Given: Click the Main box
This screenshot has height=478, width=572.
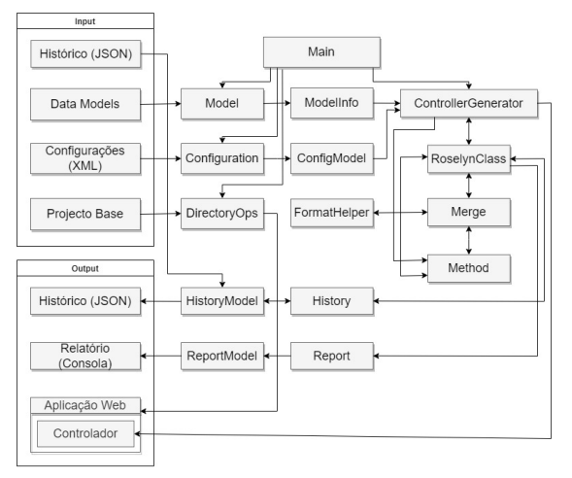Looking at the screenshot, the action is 321,52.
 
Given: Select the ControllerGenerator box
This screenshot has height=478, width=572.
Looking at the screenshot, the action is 469,103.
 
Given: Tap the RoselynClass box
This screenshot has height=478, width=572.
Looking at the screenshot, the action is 469,158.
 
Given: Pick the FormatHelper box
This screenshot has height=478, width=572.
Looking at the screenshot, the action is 332,213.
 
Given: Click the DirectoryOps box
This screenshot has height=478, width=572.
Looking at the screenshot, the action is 222,214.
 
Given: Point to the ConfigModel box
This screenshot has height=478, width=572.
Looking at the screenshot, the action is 332,158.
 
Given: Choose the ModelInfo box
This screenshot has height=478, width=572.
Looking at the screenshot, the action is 332,103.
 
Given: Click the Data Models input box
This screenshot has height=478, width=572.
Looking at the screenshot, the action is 85,104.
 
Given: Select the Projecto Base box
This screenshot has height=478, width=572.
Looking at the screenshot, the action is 85,214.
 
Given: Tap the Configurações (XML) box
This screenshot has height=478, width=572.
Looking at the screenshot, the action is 85,158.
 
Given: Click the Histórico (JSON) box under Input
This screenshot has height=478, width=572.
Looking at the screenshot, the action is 85,54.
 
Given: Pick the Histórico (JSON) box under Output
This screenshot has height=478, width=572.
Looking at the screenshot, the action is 85,301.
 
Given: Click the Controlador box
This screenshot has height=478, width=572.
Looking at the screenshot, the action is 85,433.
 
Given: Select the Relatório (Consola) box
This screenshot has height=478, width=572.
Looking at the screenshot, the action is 85,356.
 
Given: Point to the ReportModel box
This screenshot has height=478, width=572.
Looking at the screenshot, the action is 222,356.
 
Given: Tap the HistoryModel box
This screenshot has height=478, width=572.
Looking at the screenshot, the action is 222,301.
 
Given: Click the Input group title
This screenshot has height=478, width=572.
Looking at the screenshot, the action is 85,21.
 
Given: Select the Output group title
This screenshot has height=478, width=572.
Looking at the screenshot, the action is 85,268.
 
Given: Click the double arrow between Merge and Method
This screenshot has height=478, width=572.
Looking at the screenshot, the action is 469,241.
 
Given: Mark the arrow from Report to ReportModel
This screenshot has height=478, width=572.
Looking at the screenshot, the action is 277,356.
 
